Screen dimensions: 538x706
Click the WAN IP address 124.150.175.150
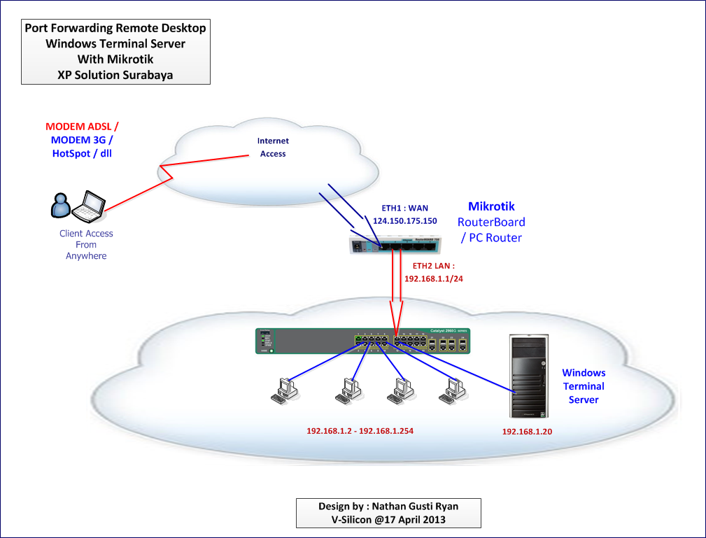(404, 221)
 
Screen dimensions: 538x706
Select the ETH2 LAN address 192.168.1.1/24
(434, 278)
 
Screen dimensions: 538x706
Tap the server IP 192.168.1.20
(527, 432)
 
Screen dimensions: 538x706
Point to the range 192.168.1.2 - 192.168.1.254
(360, 431)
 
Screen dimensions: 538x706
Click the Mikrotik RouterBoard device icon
(395, 243)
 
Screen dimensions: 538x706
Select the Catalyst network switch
(362, 340)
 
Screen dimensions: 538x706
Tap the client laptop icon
(90, 204)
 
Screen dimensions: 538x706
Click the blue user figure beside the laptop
(62, 204)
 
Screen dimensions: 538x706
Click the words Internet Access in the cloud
(273, 147)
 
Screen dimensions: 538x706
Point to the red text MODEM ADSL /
(82, 127)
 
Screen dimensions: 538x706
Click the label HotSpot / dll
(82, 153)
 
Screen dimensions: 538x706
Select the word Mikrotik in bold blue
(491, 206)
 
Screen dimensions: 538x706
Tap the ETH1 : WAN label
(404, 208)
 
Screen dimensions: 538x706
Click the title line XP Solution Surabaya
(115, 75)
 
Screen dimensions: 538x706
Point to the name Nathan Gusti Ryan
(415, 507)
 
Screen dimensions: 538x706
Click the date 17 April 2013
(410, 520)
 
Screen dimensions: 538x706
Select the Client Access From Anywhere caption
(86, 245)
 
